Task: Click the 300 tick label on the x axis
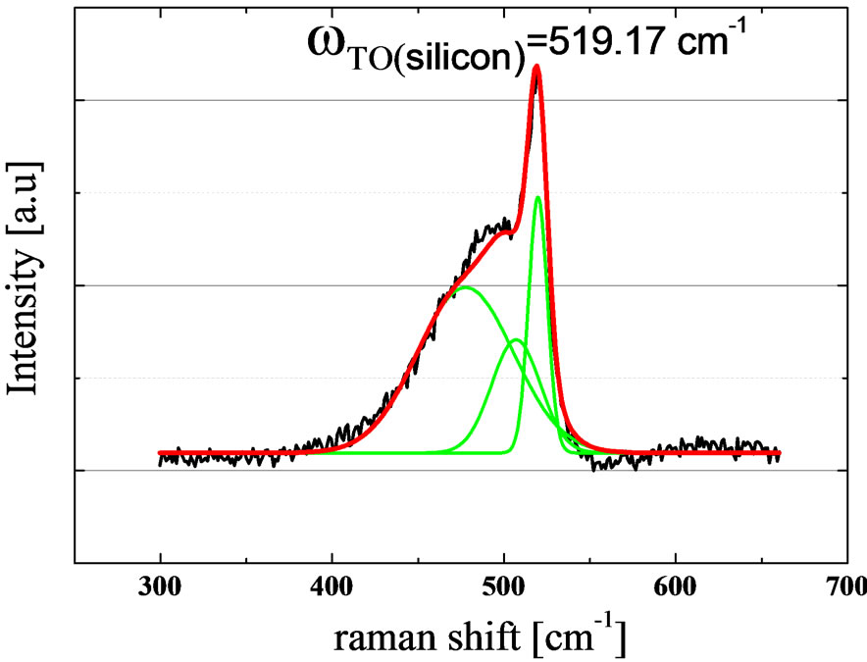[161, 587]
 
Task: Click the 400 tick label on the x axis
[332, 587]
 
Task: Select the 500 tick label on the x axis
[504, 587]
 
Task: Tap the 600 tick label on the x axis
[676, 587]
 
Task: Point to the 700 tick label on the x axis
[846, 587]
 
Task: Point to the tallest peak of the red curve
[536, 68]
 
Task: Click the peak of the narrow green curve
[537, 198]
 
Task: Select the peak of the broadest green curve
[466, 287]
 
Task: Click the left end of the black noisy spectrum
[161, 459]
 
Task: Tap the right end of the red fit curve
[780, 453]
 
